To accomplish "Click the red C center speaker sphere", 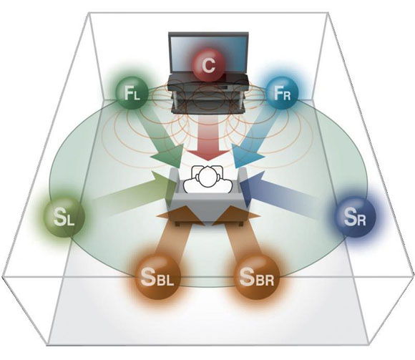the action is (208, 65).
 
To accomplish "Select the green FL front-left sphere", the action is (132, 93).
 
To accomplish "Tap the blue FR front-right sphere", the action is (282, 93).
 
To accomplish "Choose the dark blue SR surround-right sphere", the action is (355, 217).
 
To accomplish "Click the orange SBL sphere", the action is (157, 276).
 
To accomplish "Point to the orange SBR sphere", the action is (257, 276).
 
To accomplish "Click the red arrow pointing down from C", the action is (208, 137).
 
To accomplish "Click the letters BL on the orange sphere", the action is (165, 281).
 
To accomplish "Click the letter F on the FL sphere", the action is (129, 92).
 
